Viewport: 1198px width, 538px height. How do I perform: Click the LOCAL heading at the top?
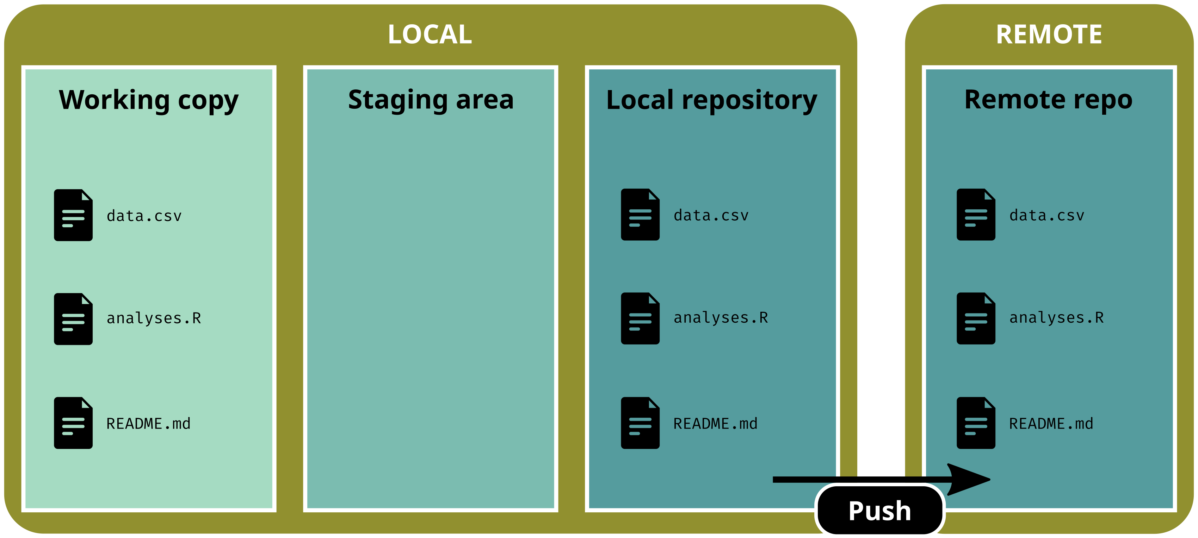click(x=430, y=34)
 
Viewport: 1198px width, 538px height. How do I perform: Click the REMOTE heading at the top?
click(x=1049, y=34)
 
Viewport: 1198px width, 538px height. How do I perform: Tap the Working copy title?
click(x=148, y=100)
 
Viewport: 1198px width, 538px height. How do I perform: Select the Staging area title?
click(x=431, y=100)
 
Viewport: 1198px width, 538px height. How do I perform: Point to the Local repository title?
click(x=711, y=100)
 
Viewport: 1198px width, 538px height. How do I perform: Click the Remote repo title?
click(x=1048, y=100)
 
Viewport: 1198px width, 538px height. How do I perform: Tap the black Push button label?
click(x=879, y=511)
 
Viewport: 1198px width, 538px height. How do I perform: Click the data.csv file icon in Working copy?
click(x=73, y=215)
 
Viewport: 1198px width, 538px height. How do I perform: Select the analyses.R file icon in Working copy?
click(x=73, y=319)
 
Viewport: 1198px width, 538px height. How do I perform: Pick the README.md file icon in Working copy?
click(x=73, y=423)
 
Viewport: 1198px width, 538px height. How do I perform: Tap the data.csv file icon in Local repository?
click(x=640, y=215)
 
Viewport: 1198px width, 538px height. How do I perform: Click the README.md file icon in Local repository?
click(x=640, y=423)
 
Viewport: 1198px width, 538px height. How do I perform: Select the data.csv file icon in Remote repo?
click(x=976, y=215)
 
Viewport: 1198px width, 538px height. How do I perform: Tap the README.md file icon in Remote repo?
click(x=976, y=423)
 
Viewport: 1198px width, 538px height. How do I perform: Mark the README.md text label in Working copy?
click(x=148, y=424)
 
